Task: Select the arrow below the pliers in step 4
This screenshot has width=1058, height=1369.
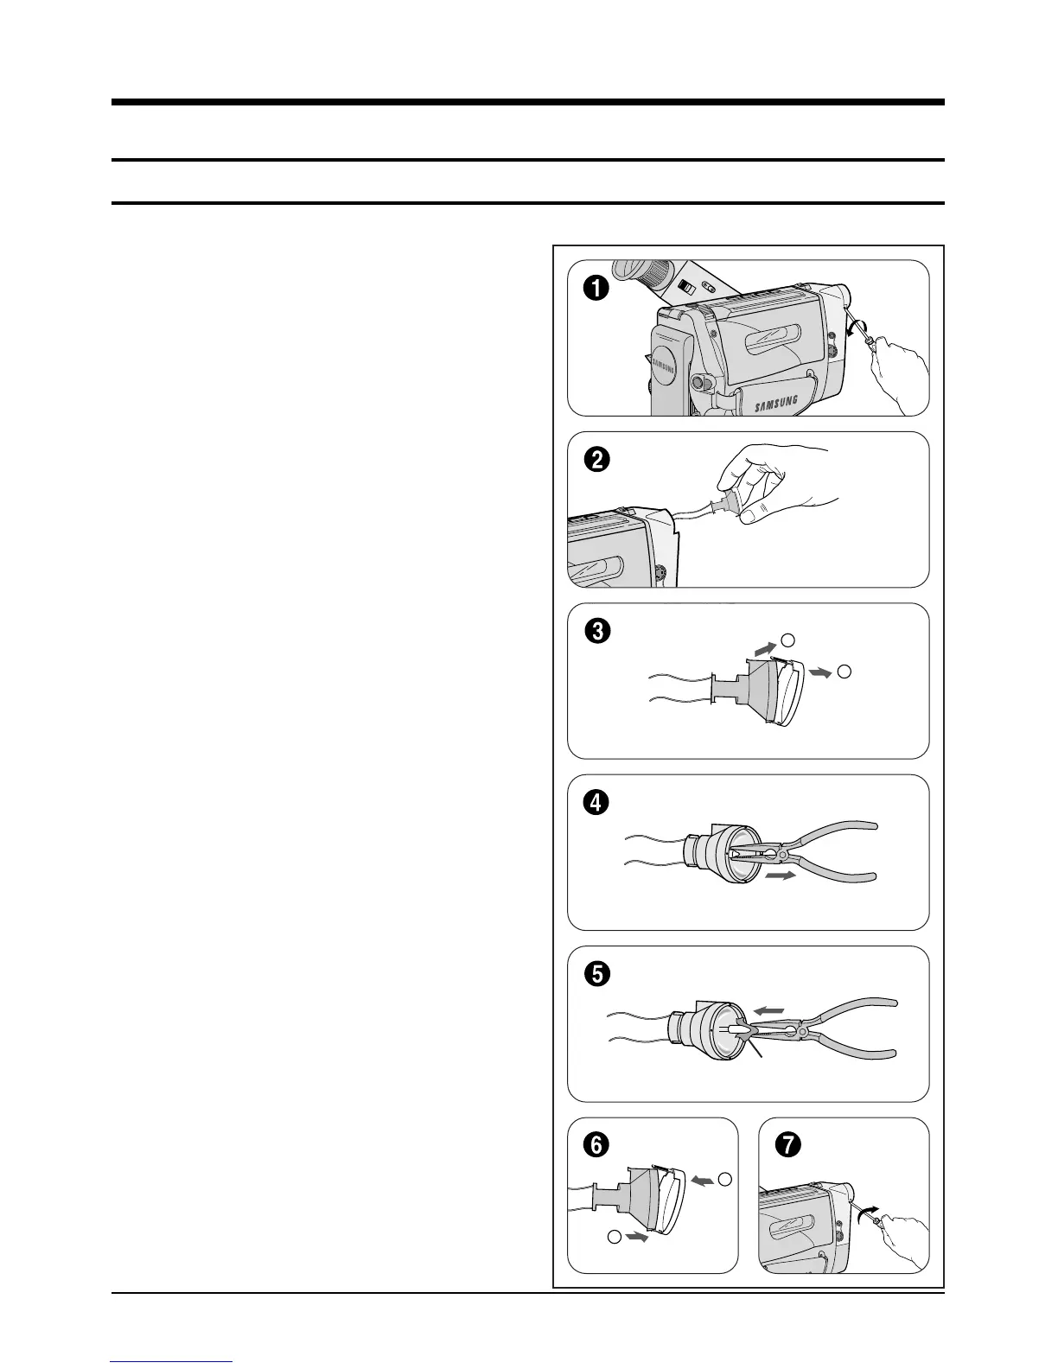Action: (781, 876)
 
